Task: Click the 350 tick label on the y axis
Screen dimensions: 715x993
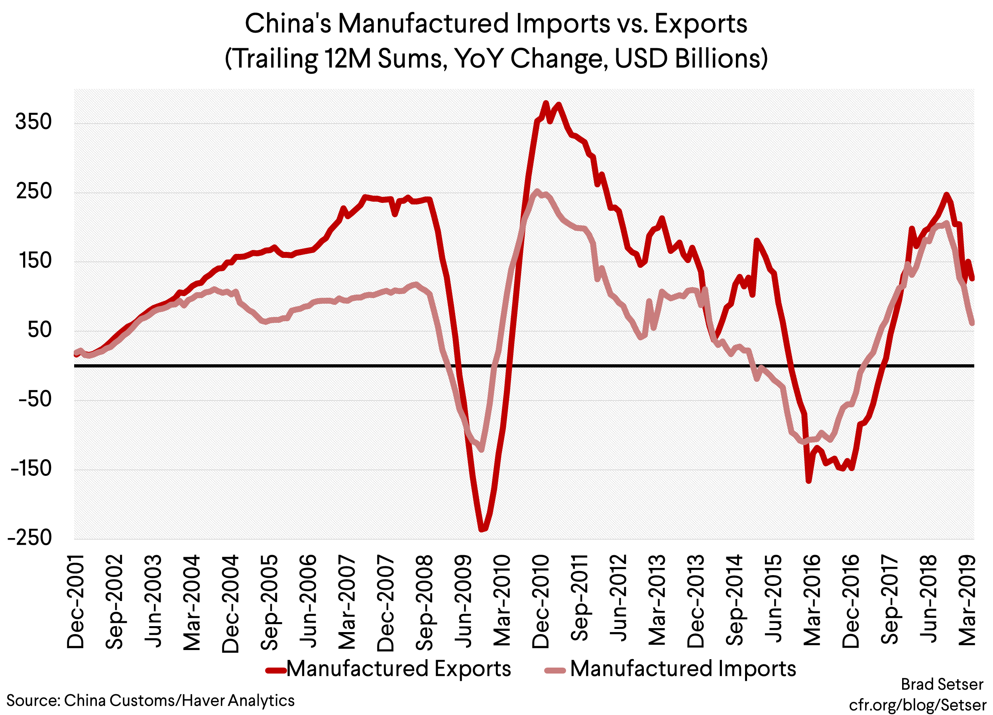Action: (x=33, y=122)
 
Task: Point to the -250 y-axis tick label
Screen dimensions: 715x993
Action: (x=30, y=538)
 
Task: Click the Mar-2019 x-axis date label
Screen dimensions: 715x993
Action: (x=967, y=601)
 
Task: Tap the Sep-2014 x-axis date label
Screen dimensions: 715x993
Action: (x=735, y=601)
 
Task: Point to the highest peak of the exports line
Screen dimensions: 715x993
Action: (x=546, y=103)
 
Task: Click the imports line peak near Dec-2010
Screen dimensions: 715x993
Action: (x=537, y=191)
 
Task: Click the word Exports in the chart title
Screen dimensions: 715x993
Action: (x=700, y=24)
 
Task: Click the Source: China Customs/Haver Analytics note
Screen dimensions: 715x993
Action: (x=150, y=701)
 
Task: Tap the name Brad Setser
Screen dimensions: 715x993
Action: (x=942, y=684)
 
